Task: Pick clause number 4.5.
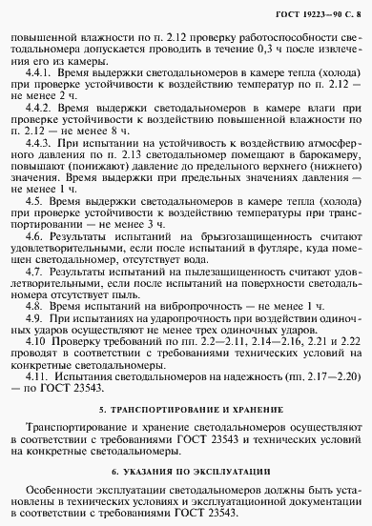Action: (37, 202)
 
